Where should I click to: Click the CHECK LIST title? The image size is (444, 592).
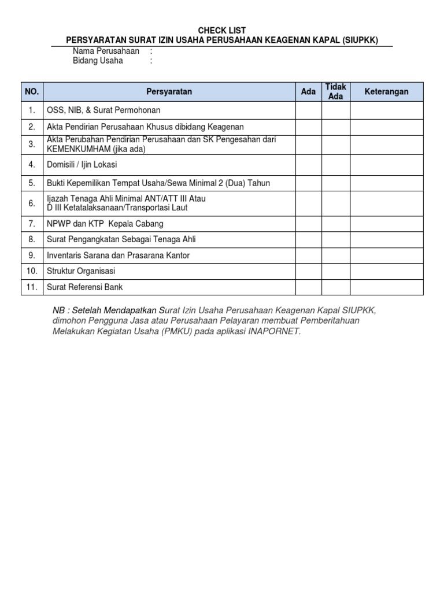coord(221,30)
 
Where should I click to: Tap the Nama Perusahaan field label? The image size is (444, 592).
coord(106,51)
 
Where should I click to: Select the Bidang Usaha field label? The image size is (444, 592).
coord(98,61)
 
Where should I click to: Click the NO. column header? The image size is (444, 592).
coord(32,91)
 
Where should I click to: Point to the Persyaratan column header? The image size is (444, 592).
coord(169,91)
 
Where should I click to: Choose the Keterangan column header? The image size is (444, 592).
coord(386,91)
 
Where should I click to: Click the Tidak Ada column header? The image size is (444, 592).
coord(335,91)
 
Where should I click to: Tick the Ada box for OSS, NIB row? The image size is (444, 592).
coord(309,110)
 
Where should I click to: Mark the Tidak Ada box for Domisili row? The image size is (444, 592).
coord(335,165)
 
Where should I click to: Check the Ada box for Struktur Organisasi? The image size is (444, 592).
coord(309,271)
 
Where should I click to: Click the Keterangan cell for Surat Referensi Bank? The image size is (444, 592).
coord(386,287)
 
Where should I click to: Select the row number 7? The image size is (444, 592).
coord(32,223)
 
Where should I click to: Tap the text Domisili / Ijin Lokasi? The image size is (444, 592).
coord(82,165)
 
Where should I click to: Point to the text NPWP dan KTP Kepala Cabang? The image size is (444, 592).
coord(105,223)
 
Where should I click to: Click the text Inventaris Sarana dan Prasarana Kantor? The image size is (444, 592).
coord(118,255)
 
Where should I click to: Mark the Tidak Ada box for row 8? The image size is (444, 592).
coord(335,239)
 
